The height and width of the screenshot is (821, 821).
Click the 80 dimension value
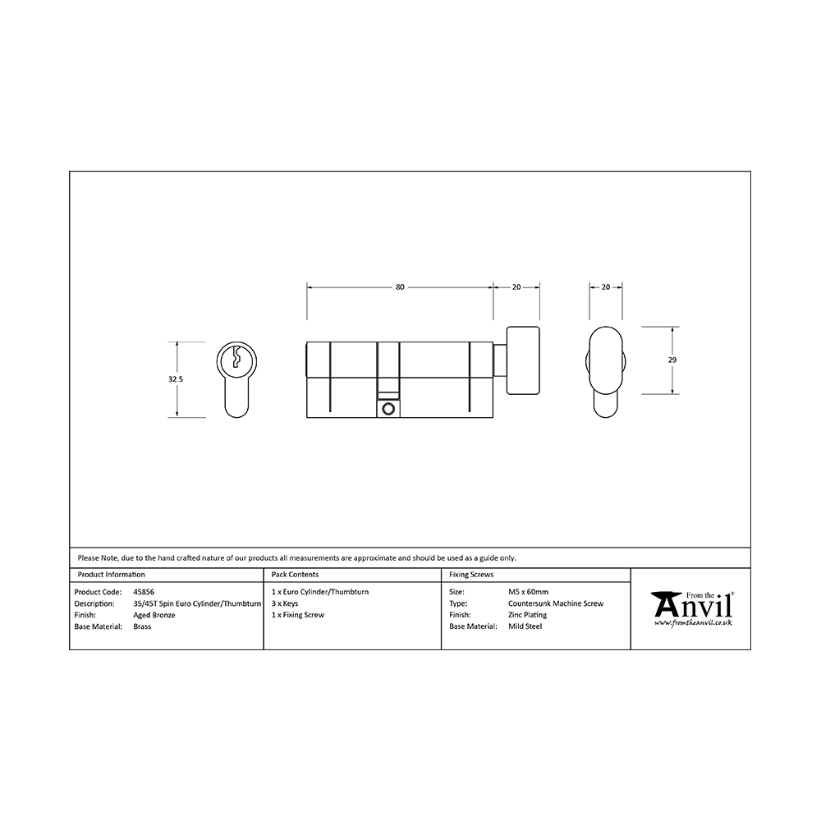click(x=400, y=287)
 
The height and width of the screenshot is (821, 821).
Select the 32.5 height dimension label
click(x=176, y=379)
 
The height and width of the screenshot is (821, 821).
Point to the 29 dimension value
click(x=672, y=360)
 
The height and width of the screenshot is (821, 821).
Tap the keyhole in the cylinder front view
click(x=236, y=357)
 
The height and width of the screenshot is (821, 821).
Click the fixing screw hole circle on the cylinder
click(x=388, y=409)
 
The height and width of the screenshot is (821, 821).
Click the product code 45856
click(x=144, y=592)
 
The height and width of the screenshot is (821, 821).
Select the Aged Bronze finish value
click(x=154, y=615)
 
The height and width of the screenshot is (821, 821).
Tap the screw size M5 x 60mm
click(x=528, y=592)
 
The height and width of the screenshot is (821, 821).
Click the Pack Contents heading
click(x=295, y=575)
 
